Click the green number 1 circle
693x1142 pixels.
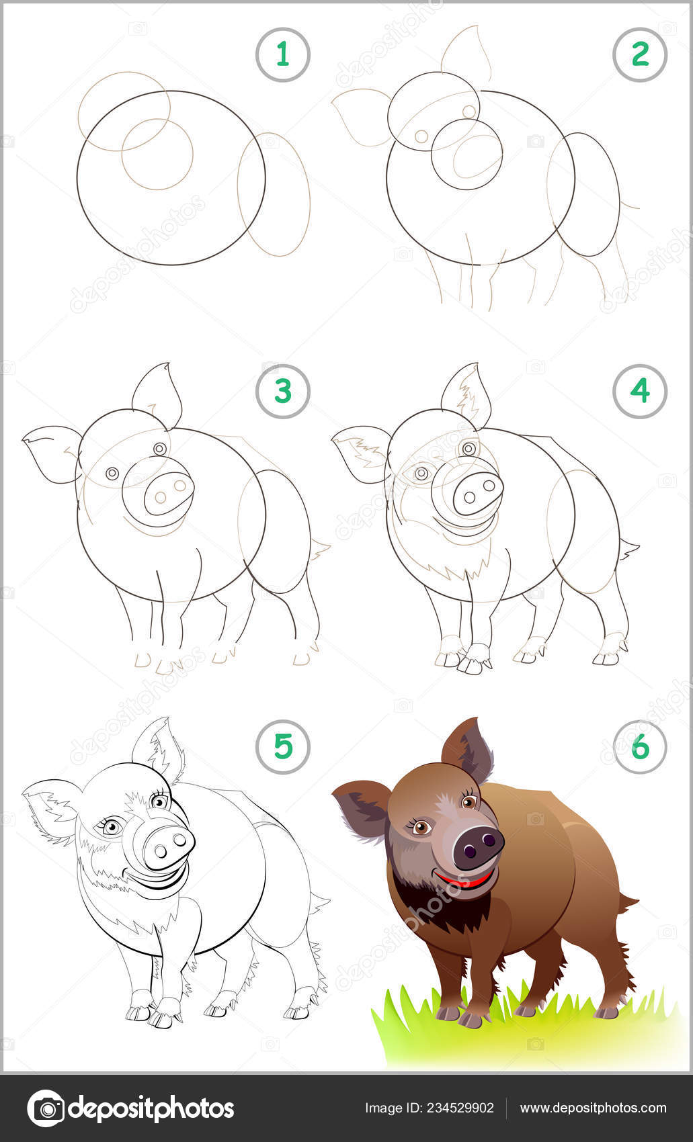pos(282,54)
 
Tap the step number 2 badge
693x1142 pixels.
pos(639,54)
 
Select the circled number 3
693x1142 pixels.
pos(282,391)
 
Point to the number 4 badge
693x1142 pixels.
pos(639,391)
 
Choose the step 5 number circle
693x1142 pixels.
pos(282,746)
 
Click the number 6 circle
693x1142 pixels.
pos(639,746)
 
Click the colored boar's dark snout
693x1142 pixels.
pos(478,846)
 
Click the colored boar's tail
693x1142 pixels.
pos(628,902)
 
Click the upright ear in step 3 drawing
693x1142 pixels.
pos(158,394)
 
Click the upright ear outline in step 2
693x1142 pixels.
pos(465,52)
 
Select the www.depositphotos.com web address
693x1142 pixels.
pos(593,1108)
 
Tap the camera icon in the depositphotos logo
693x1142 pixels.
pos(46,1108)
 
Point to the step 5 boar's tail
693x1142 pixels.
pos(319,904)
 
